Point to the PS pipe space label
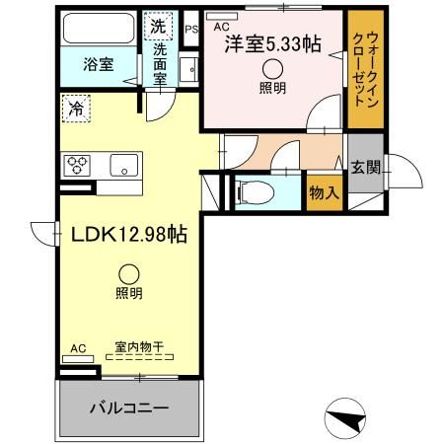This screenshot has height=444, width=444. (191, 29)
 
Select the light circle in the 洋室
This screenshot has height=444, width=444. (272, 69)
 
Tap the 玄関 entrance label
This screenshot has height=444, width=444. (361, 168)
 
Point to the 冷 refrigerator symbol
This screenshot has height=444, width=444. (76, 109)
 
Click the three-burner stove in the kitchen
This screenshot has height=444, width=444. (76, 164)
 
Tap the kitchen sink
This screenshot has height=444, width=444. (121, 164)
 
